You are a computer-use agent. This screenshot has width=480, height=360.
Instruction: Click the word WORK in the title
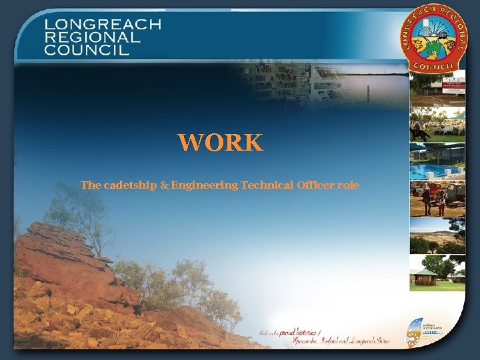[x=220, y=142]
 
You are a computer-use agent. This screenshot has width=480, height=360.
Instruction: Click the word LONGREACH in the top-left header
[x=103, y=25]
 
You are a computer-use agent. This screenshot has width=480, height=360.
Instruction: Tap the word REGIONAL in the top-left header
[x=93, y=37]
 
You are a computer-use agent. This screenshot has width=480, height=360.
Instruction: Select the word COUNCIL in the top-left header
[x=87, y=50]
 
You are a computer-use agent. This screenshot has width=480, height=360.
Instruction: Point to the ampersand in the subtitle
[x=164, y=185]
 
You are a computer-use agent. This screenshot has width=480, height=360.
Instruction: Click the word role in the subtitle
[x=349, y=185]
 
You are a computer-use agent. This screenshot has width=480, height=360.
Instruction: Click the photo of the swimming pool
[x=437, y=162]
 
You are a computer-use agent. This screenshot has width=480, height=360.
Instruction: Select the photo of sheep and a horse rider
[x=437, y=125]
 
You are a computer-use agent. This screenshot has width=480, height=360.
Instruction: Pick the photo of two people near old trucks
[x=437, y=199]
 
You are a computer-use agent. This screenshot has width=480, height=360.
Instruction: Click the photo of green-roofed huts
[x=437, y=273]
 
